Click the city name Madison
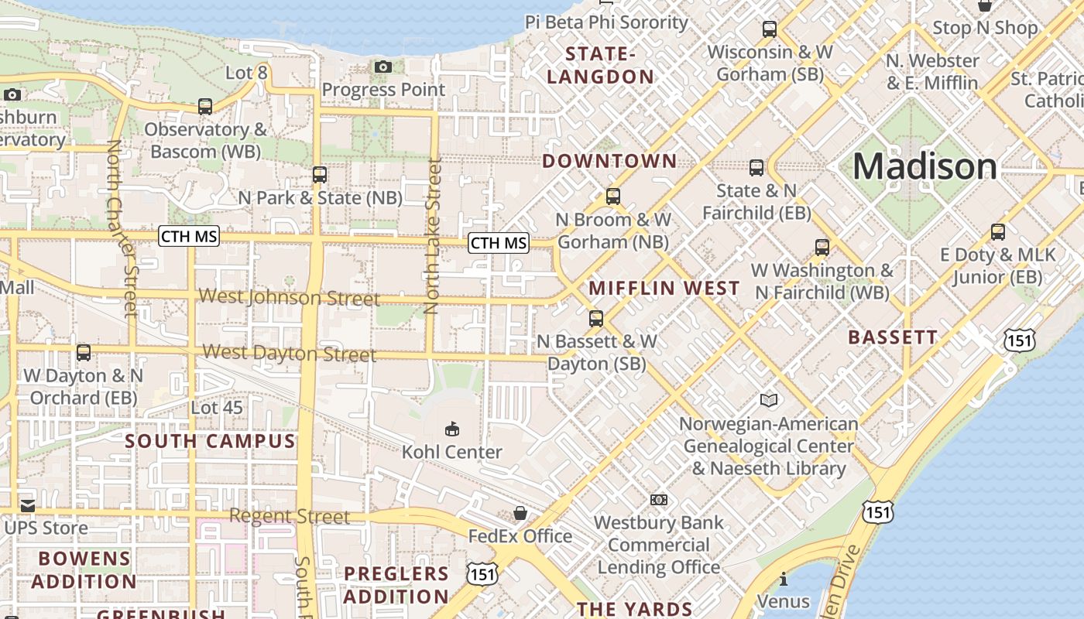924,167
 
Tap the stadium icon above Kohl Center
452,428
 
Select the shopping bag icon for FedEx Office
520,513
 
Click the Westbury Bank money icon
659,500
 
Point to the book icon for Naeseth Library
768,400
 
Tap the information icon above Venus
784,579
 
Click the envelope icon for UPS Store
28,506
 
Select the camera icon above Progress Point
383,67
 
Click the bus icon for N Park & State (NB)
319,175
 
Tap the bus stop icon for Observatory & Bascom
205,107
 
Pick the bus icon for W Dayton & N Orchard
84,353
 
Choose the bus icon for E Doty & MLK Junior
998,231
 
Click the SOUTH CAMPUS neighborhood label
211,442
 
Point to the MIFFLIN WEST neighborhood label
664,289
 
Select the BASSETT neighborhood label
893,337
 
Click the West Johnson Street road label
290,298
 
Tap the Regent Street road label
290,516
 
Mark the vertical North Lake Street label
433,236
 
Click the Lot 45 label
217,408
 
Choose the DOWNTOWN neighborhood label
609,162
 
